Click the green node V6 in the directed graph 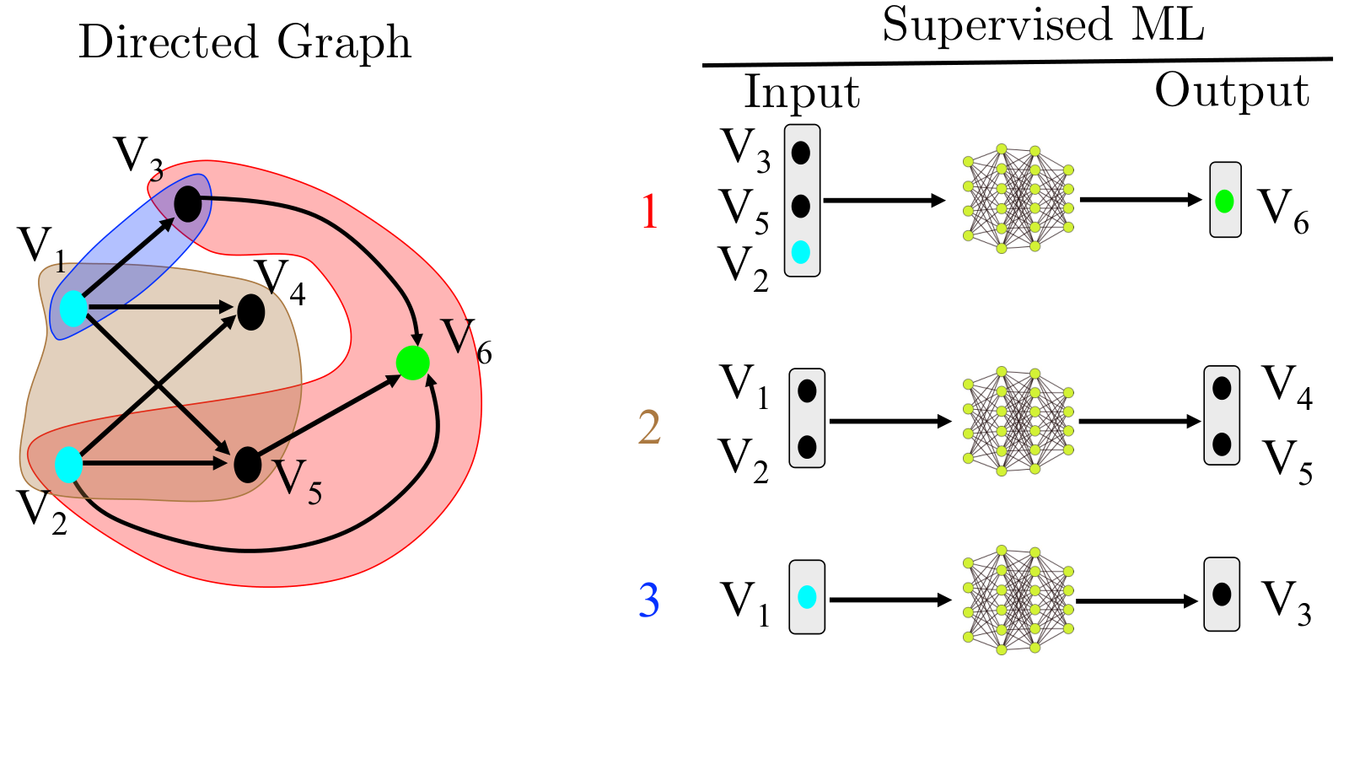pos(412,363)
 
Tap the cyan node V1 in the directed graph pos(73,308)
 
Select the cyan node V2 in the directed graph pos(68,465)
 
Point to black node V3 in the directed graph pos(188,203)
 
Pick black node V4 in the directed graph pos(251,312)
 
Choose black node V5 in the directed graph pos(248,465)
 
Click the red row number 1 pos(649,212)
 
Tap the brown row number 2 pos(649,427)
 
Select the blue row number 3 pos(648,600)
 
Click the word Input pos(802,92)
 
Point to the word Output pos(1232,91)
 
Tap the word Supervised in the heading pos(997,24)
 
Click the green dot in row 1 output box pos(1224,202)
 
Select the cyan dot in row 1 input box pos(800,252)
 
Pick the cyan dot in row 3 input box pos(807,597)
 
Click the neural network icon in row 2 pos(1018,421)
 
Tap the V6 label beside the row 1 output pos(1283,211)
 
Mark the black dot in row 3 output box pos(1222,595)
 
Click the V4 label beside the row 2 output pos(1287,388)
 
